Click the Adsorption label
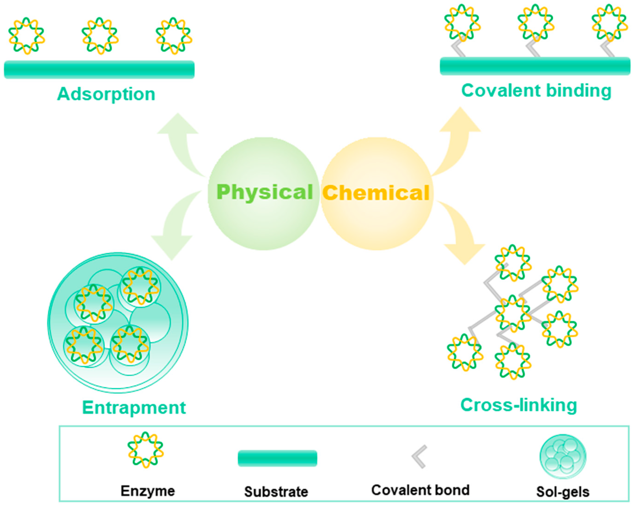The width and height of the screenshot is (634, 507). [x=106, y=94]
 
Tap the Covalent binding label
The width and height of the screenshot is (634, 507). [x=536, y=91]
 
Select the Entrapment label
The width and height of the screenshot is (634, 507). [x=134, y=408]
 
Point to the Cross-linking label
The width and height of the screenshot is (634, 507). [x=519, y=405]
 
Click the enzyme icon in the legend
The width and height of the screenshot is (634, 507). [x=145, y=450]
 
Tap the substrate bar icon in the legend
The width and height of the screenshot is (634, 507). [x=277, y=458]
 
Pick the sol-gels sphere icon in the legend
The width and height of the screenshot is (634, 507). [x=563, y=457]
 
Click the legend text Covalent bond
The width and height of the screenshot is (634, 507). [x=420, y=490]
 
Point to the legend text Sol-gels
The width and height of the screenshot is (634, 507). [x=563, y=492]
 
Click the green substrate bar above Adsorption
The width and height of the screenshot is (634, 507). [x=99, y=69]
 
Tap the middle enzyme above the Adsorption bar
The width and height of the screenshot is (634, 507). [x=100, y=36]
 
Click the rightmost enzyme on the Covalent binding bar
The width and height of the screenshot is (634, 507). [x=609, y=23]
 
